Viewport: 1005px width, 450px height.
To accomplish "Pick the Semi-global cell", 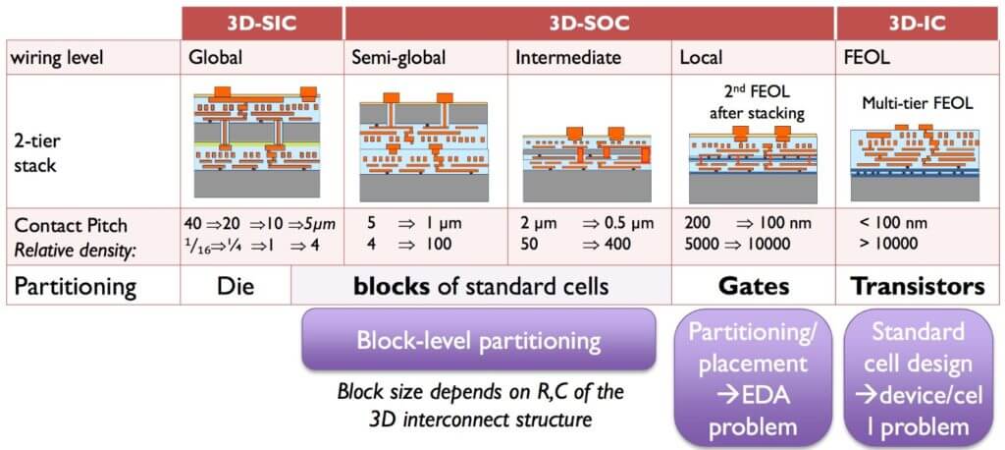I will [398, 57].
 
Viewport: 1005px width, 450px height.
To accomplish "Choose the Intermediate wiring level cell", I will [568, 57].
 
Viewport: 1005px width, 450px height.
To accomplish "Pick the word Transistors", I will [917, 287].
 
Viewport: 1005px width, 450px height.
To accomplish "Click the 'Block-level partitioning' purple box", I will [478, 340].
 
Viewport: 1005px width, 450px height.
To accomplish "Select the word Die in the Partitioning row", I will [236, 287].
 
